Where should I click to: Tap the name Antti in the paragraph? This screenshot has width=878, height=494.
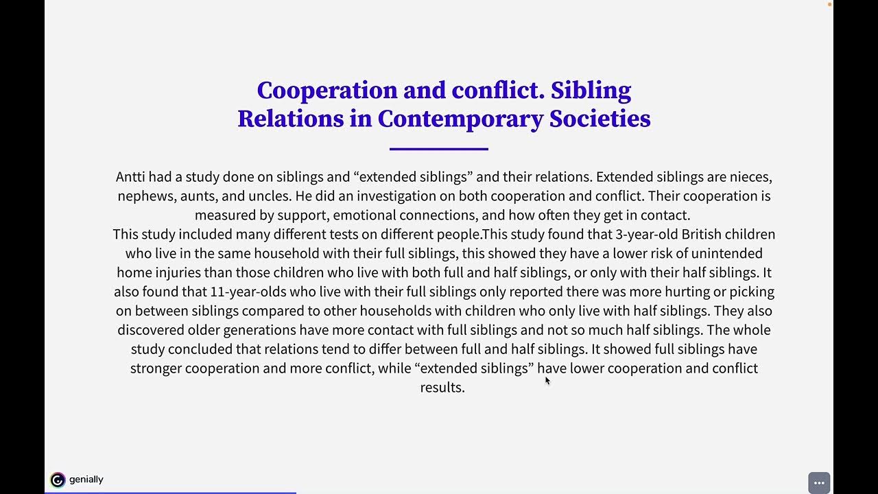click(x=130, y=176)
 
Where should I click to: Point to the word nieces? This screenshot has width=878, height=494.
click(x=750, y=176)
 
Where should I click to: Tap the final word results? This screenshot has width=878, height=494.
click(x=442, y=387)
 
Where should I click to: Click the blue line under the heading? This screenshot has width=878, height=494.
click(x=439, y=148)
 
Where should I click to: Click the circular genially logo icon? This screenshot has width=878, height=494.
click(x=58, y=480)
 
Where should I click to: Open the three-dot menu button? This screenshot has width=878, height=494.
click(x=819, y=482)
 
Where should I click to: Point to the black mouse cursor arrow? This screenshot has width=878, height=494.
click(x=547, y=380)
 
